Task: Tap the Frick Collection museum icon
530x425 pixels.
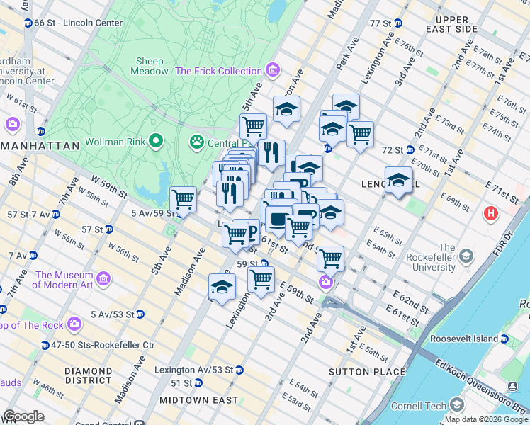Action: pos(272,71)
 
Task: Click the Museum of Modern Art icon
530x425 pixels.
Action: pos(103,280)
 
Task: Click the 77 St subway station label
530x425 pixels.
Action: pos(380,23)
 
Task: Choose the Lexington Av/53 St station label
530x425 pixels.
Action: pos(200,370)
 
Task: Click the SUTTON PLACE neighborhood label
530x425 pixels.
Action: pos(367,371)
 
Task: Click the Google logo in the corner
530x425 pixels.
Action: pos(23,416)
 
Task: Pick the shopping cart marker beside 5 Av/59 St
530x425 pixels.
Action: pos(184,199)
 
